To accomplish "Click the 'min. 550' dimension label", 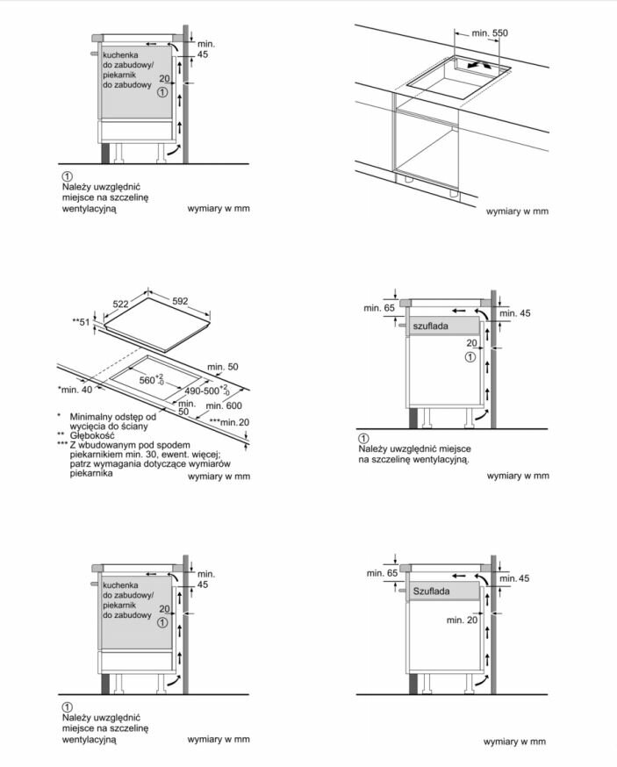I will [x=490, y=32].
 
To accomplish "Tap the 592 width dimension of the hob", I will [x=180, y=301].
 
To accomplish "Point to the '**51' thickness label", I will [x=81, y=323].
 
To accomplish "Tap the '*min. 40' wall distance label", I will [x=75, y=389].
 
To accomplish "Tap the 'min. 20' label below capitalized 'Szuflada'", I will [x=462, y=620].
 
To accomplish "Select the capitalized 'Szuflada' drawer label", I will [x=432, y=591].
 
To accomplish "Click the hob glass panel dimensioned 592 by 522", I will [x=158, y=325].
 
